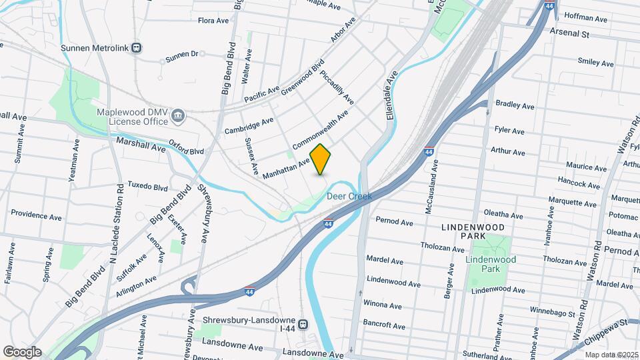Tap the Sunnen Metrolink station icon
137,47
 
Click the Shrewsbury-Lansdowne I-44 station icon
303,325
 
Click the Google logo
22,352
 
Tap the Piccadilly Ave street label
336,87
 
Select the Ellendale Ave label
392,95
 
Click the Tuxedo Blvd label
147,186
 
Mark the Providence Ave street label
37,215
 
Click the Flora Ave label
213,21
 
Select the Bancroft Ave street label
385,326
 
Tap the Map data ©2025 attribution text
611,354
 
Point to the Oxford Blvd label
186,151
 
